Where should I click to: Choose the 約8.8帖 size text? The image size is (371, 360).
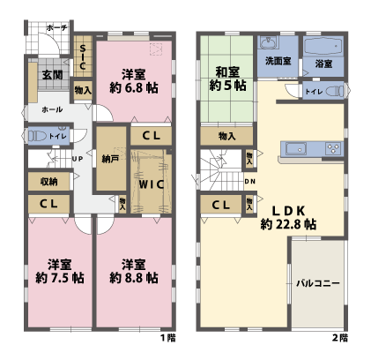(x=134, y=278)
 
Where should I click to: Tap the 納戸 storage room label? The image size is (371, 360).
(x=110, y=160)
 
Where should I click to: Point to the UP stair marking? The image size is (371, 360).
(x=77, y=160)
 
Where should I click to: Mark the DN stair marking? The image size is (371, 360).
(x=249, y=183)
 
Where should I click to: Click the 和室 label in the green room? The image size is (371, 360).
(x=226, y=71)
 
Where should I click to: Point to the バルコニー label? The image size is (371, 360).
(x=318, y=283)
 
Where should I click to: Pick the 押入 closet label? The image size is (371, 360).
(x=226, y=136)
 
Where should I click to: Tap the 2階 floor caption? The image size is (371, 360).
(x=340, y=338)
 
